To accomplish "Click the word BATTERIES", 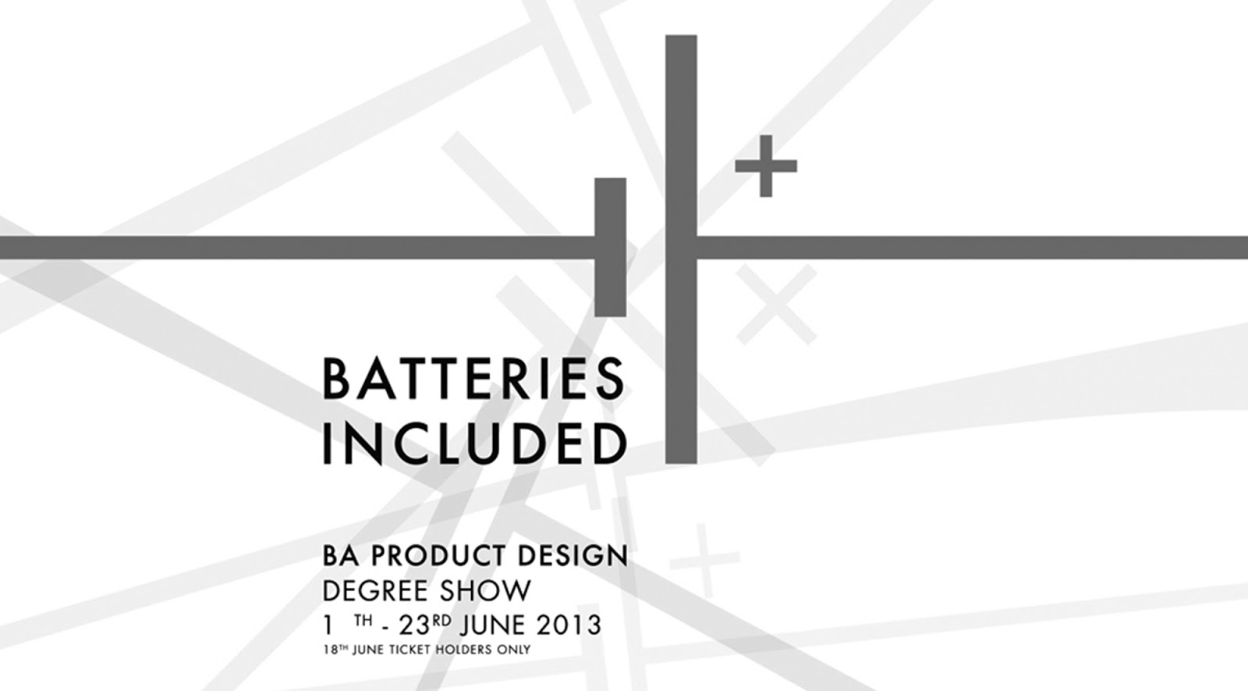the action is pos(474,379).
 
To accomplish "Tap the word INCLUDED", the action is pos(475,444).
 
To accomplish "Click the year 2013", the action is pos(569,625).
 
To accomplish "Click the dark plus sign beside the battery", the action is pos(766,166).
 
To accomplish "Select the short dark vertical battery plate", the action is pos(610,247).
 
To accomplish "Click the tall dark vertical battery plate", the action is pos(681,249).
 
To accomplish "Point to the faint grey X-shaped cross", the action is pos(777,305).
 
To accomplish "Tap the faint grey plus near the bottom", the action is pos(705,559).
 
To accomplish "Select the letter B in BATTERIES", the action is pos(335,379).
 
